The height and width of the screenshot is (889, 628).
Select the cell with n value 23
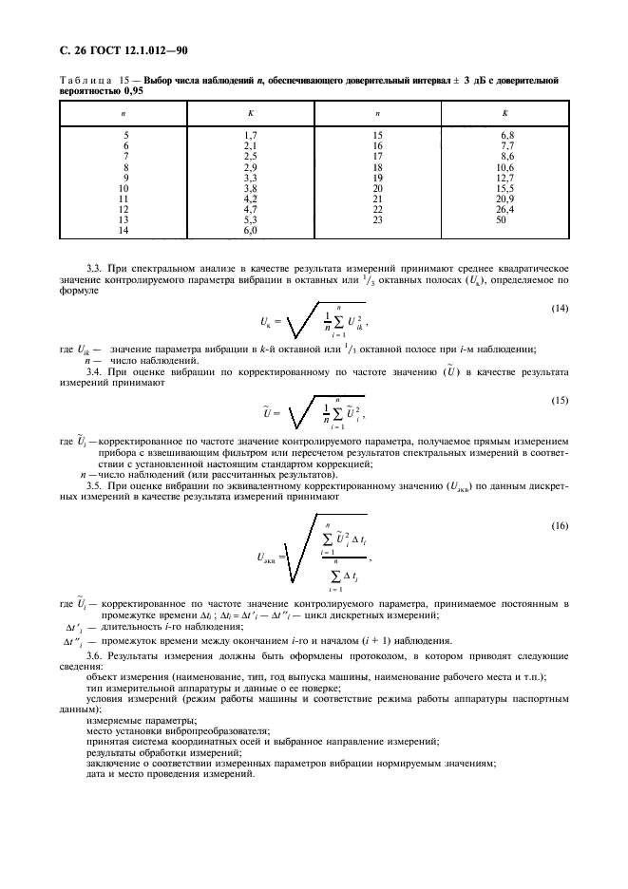pos(377,219)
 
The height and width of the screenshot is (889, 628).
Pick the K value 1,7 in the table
pos(251,136)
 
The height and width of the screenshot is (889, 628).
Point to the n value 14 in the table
pos(123,230)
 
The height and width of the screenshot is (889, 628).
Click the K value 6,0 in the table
pos(251,230)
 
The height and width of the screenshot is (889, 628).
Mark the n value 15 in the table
pos(377,136)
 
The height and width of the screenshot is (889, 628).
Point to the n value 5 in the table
pos(125,136)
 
